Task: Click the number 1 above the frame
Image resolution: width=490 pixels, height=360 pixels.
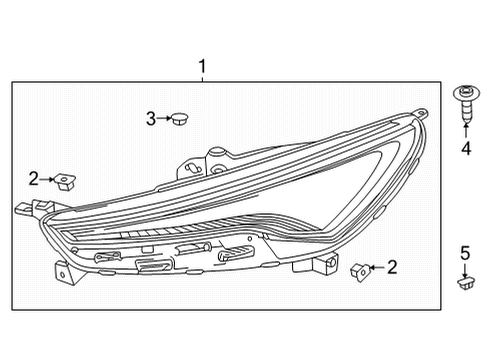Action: pos(202,68)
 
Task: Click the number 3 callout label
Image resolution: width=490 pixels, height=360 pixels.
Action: pos(150,119)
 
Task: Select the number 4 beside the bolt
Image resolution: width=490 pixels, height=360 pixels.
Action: pos(465,149)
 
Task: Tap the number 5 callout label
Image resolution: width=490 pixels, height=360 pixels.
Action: pos(464,252)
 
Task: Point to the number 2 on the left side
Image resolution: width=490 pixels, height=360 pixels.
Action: pos(33,179)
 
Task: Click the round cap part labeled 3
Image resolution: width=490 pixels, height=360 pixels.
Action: pos(178,120)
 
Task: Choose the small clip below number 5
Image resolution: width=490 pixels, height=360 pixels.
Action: pos(464,285)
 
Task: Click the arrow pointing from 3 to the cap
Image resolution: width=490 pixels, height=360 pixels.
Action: pos(162,119)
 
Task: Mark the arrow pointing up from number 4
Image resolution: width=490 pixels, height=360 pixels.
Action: pos(465,133)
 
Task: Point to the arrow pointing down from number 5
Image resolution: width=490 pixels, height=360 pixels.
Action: pos(464,268)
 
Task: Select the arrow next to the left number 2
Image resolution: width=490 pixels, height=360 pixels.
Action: pos(48,179)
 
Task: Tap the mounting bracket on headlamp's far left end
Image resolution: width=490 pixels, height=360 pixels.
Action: pos(25,210)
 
